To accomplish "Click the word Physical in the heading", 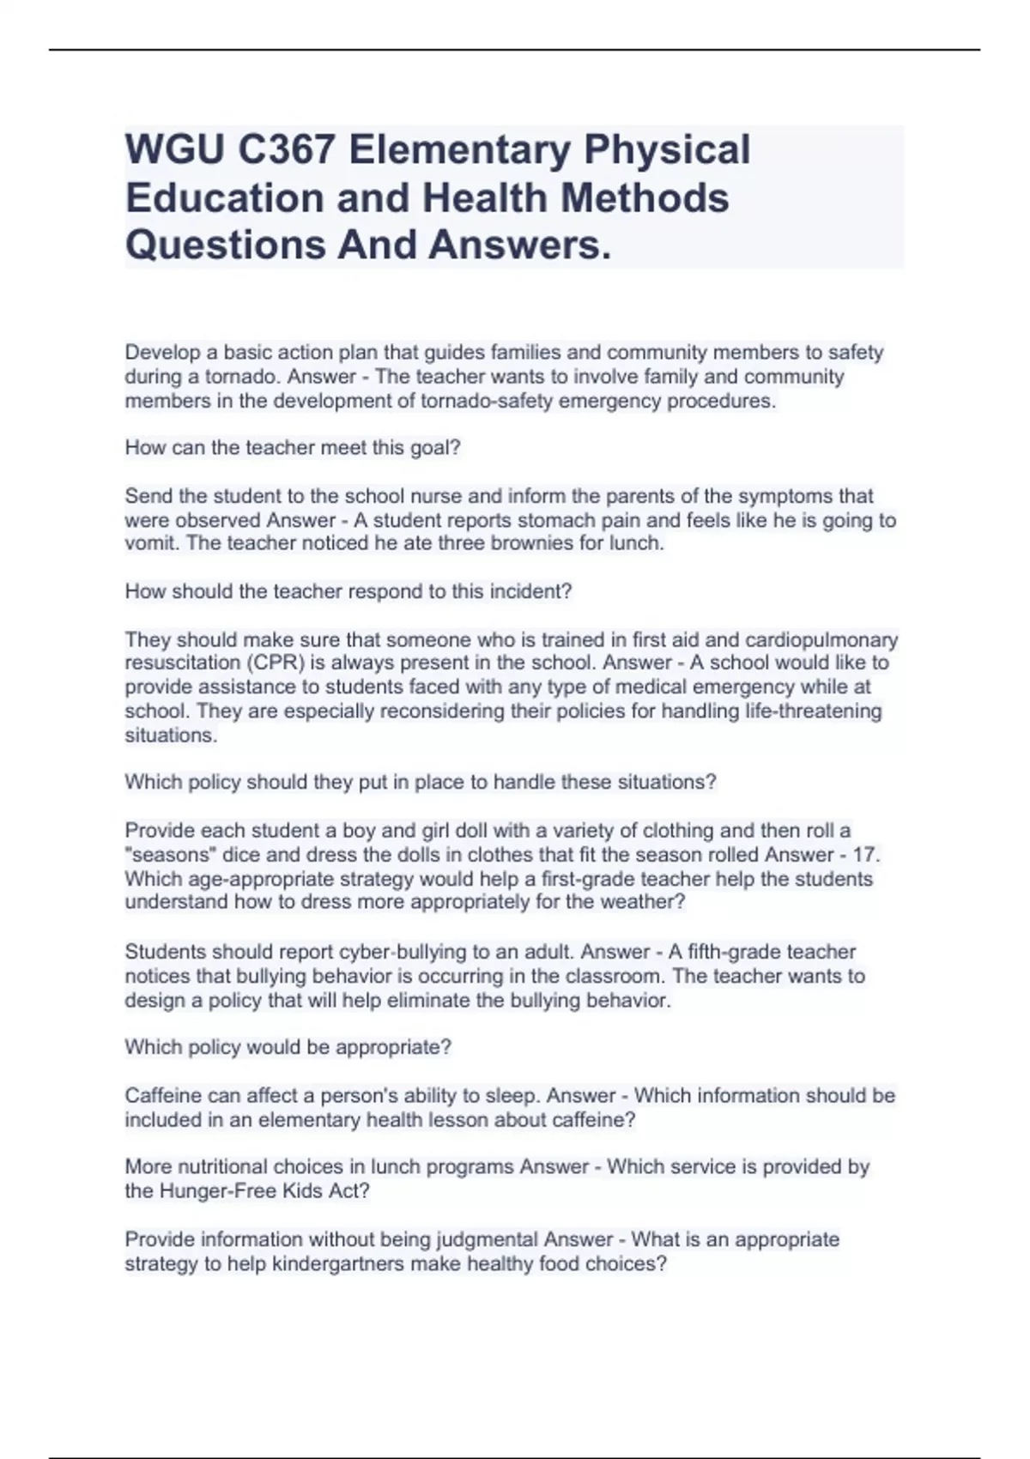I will coord(667,149).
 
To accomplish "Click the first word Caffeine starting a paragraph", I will coord(161,1096).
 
